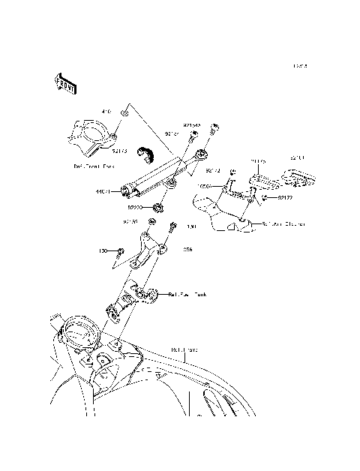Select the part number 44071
click(102, 191)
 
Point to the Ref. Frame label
click(182, 349)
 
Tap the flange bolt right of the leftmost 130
click(121, 250)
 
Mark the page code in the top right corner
click(301, 66)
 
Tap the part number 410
click(106, 111)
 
